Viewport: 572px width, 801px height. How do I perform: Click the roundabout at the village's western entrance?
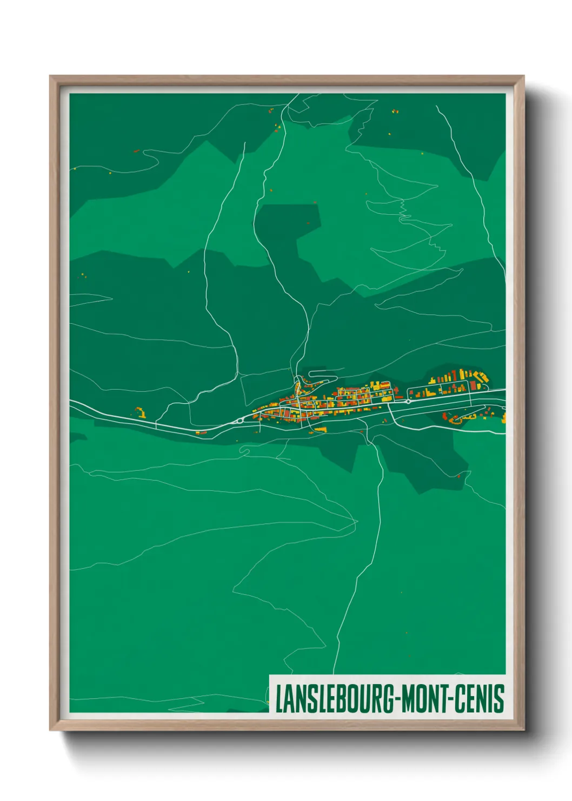(x=239, y=420)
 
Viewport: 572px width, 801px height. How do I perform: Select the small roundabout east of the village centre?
(x=408, y=402)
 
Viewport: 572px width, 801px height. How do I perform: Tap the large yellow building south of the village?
(x=321, y=429)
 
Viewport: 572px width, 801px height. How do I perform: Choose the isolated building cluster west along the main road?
(x=140, y=413)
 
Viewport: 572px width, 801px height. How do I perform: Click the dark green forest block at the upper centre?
(x=287, y=227)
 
